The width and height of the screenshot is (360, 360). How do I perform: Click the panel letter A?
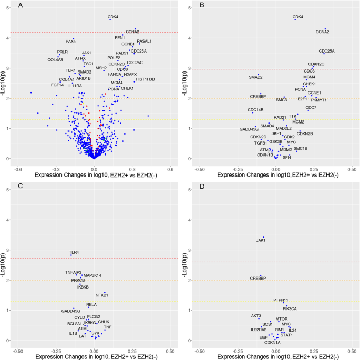tap(20, 5)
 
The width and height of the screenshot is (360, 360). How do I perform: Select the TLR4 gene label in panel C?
tap(74, 252)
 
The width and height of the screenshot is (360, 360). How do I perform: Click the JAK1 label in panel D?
tap(261, 241)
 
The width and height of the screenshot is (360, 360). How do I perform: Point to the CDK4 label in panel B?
tap(298, 17)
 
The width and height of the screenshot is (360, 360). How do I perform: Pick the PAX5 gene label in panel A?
tap(70, 41)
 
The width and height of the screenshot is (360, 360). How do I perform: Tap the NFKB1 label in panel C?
tap(101, 295)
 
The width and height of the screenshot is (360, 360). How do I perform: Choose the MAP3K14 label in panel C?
tap(92, 275)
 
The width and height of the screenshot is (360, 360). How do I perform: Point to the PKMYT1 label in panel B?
tap(318, 100)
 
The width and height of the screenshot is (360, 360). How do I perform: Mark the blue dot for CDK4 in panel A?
tap(110, 20)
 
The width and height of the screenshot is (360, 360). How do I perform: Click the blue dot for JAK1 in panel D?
tap(263, 237)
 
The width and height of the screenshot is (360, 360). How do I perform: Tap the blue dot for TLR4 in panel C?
tap(71, 255)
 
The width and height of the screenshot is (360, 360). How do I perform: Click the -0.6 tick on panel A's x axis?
tap(18, 169)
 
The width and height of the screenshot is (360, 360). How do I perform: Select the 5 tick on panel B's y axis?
tap(190, 8)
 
